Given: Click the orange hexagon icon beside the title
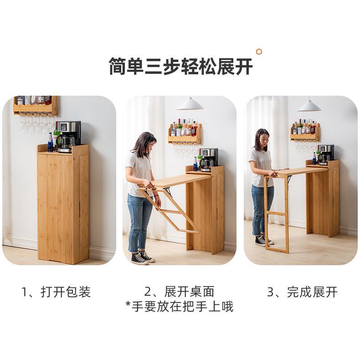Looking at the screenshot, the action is point(259,52).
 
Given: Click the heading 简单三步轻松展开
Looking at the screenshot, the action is point(181,67).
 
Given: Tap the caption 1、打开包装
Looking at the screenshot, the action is point(56,292).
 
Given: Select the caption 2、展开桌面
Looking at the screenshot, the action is point(179,292).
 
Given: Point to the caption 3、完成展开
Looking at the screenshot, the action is point(302,292).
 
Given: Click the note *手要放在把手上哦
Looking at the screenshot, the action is point(179,307).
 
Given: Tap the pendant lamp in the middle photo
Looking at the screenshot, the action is point(190,103).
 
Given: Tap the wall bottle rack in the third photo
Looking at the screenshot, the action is point(305,132).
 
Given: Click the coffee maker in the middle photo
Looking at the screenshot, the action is point(208,160).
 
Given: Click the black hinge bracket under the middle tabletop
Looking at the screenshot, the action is point(168,191).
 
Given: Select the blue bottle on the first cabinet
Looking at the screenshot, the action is point(51,142).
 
